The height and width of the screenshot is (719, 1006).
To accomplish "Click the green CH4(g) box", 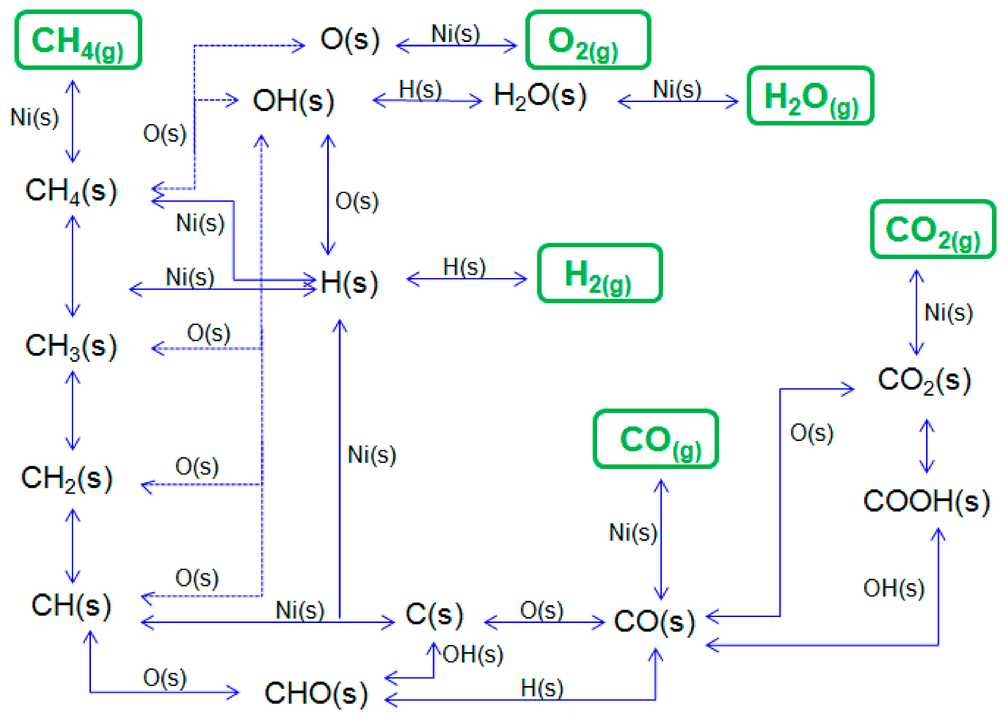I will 78,40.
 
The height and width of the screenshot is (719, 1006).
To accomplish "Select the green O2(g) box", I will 588,40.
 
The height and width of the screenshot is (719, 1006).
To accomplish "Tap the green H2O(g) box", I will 810,96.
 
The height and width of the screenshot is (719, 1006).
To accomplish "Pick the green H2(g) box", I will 599,273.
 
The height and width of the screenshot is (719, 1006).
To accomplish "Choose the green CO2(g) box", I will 933,229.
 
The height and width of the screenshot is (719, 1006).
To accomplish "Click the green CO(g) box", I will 655,439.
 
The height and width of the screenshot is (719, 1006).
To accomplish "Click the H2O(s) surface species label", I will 540,96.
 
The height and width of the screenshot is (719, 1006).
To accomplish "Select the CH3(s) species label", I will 71,346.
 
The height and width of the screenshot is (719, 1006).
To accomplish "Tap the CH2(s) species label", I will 67,478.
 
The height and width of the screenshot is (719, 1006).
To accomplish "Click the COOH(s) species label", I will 926,501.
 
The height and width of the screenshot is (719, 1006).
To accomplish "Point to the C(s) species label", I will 434,615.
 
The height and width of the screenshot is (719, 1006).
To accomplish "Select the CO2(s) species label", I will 924,380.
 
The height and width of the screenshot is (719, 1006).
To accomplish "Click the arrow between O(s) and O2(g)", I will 456,46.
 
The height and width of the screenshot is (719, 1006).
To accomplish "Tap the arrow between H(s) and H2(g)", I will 467,279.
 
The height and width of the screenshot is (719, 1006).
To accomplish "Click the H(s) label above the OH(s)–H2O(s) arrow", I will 420,89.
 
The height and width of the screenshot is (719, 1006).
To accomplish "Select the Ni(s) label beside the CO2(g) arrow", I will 948,312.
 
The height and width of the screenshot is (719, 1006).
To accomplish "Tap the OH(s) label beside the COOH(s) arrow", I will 894,588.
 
